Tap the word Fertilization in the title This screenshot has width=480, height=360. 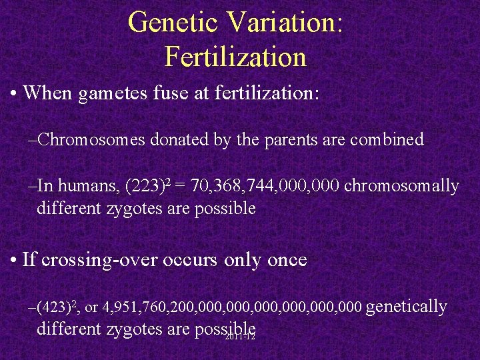(235, 57)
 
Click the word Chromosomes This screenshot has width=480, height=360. (93, 140)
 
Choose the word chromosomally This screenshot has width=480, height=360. (402, 186)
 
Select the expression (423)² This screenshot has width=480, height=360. (59, 307)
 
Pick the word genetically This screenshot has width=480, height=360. (407, 307)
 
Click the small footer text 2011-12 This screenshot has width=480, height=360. (241, 337)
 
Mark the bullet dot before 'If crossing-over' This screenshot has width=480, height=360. (14, 259)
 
